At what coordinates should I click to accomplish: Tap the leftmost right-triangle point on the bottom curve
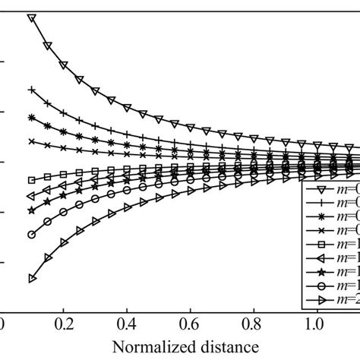(31, 279)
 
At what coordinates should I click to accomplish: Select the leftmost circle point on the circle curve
(31, 235)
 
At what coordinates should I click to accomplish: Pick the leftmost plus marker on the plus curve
(31, 90)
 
